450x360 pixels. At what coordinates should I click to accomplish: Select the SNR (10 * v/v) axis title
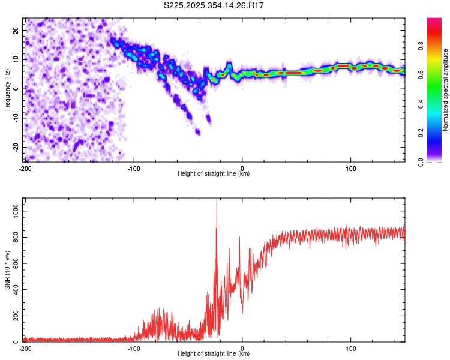[7, 270]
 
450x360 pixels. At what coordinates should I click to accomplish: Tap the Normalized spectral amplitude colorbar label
[445, 90]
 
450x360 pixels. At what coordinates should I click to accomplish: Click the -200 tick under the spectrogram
[25, 168]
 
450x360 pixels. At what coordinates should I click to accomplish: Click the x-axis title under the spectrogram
[214, 174]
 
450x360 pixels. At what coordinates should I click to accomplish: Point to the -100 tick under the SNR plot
[133, 348]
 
